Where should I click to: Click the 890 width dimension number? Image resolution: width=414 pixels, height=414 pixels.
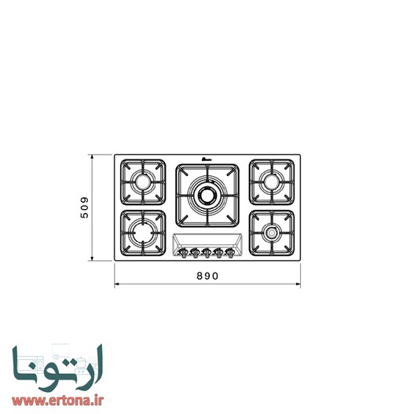coord(207,276)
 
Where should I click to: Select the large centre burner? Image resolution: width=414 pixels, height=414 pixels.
coord(207,194)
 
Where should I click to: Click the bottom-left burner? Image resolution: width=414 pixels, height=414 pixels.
coord(144,233)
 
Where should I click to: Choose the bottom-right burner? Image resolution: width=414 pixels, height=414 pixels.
coord(271,233)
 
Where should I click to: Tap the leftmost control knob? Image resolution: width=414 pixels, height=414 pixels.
coord(182,252)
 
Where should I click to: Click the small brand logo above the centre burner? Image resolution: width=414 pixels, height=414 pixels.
coord(207,160)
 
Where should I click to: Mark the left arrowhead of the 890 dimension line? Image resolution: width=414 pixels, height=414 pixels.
coord(117,284)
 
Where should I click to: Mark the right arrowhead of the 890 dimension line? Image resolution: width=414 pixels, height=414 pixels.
coord(299,284)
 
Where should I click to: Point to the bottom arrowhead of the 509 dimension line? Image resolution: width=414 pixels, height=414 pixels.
coord(93,259)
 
